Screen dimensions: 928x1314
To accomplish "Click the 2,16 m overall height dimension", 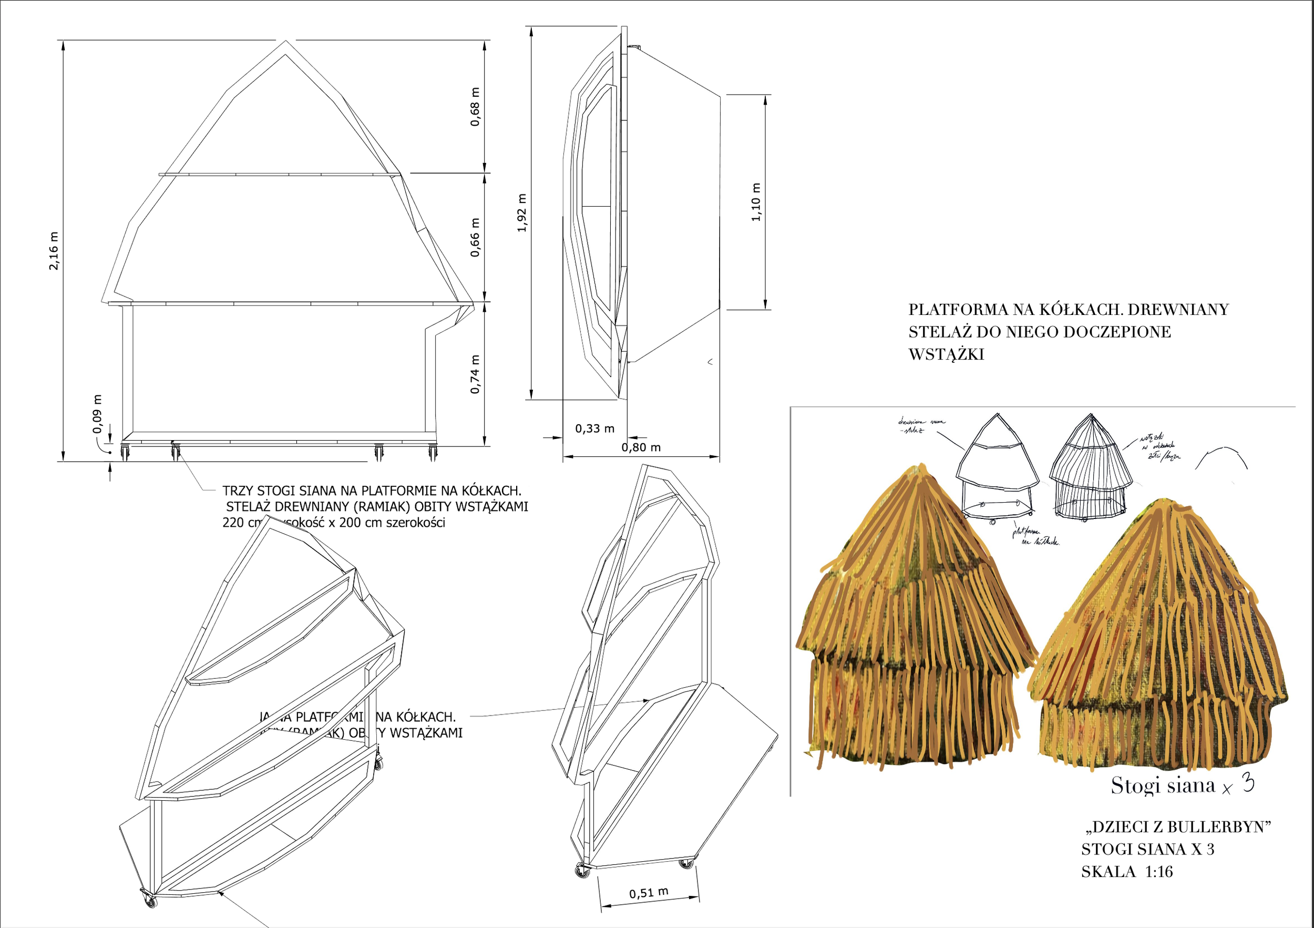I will click(54, 251).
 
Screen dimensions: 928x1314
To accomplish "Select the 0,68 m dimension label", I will click(475, 107).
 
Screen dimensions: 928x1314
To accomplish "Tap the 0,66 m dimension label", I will click(475, 238).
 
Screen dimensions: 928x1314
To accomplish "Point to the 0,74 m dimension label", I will click(475, 374).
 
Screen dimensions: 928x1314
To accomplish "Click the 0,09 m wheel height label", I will click(97, 414).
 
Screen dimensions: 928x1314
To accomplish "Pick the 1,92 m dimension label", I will click(521, 213).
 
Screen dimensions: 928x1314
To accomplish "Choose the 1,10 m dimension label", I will click(756, 202).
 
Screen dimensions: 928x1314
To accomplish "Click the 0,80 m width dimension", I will click(641, 447).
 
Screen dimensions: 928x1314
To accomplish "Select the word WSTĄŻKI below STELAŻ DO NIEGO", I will click(946, 355).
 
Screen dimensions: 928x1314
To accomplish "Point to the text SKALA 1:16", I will click(1126, 872).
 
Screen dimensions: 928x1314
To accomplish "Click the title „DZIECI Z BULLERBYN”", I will click(1178, 827).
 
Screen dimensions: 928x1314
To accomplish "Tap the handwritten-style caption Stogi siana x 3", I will click(1182, 786).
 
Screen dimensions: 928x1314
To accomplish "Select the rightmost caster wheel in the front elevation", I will click(433, 453).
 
